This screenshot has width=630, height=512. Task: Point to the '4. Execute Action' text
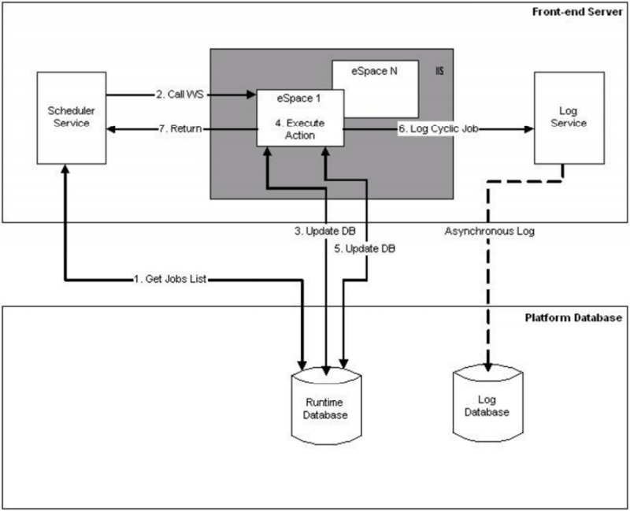coord(301,130)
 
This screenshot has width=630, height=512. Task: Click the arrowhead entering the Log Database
coord(489,367)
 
